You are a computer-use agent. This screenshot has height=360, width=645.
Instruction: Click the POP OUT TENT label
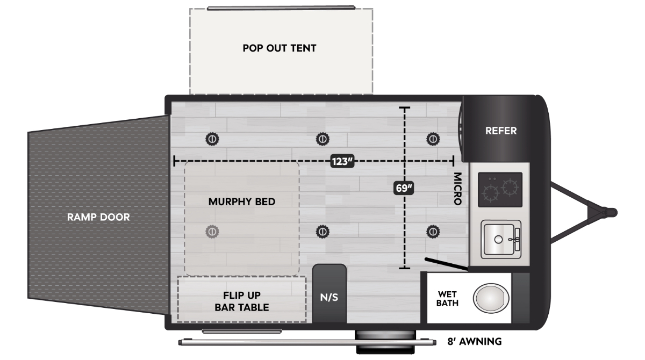[x=279, y=48]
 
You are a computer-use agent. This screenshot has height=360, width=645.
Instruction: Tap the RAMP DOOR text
[x=98, y=217]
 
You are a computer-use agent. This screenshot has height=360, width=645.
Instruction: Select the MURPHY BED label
[x=242, y=201]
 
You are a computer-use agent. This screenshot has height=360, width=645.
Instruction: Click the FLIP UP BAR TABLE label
[x=242, y=301]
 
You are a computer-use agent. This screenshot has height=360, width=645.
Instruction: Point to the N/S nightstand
[x=329, y=293]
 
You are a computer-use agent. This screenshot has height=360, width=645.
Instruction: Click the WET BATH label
[x=447, y=298]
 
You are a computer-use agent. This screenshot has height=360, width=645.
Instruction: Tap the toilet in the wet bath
[x=491, y=298]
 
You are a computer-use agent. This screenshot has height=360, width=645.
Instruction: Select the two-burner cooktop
[x=500, y=190]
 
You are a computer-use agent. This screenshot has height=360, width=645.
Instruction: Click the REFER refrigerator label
[x=501, y=131]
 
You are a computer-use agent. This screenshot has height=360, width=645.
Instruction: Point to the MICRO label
[x=458, y=189]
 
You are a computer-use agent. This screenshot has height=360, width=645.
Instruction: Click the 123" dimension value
[x=342, y=161]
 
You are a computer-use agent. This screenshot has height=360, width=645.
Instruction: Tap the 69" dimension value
[x=404, y=188]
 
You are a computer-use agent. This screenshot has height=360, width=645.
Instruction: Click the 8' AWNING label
[x=475, y=342]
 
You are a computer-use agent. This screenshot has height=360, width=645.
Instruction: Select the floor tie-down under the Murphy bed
[x=212, y=232]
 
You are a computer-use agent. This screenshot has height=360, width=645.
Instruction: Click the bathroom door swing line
[x=446, y=264]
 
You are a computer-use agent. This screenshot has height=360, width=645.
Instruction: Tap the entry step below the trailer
[x=385, y=342]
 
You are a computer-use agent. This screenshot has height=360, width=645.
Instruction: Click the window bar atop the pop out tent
[x=281, y=8]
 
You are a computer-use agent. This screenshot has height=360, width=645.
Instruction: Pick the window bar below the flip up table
[x=242, y=332]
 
